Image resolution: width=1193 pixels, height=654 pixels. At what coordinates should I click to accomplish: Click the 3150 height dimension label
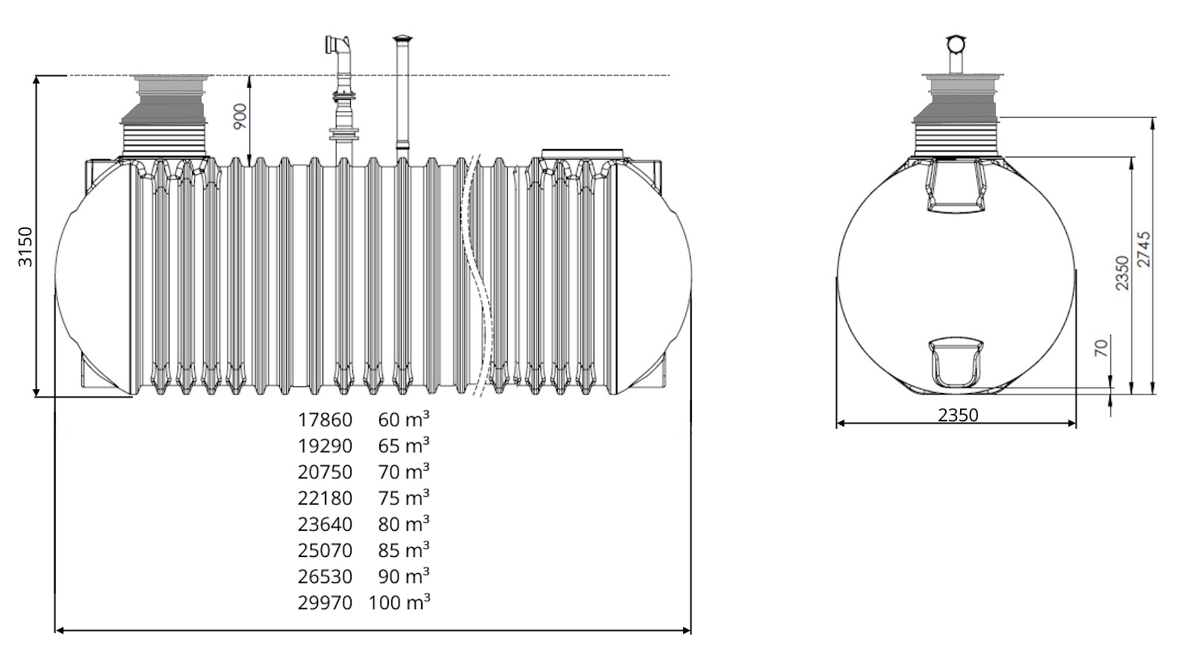tap(25, 246)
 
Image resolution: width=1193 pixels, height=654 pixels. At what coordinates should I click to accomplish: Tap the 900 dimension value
tap(240, 116)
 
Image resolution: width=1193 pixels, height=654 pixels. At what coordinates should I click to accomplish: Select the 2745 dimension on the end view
tap(1143, 249)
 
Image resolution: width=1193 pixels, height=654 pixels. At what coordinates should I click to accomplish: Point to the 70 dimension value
tap(1101, 348)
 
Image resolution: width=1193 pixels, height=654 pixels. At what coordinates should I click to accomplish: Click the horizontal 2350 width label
tap(958, 415)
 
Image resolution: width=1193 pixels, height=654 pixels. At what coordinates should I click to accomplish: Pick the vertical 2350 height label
tap(1121, 273)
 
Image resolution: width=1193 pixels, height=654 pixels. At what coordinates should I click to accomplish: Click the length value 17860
tap(325, 420)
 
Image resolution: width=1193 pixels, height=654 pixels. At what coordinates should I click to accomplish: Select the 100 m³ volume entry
tap(399, 603)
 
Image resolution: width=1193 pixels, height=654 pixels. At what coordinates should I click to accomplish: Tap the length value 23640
tap(325, 524)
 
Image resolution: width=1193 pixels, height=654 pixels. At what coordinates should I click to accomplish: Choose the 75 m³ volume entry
tap(404, 497)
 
